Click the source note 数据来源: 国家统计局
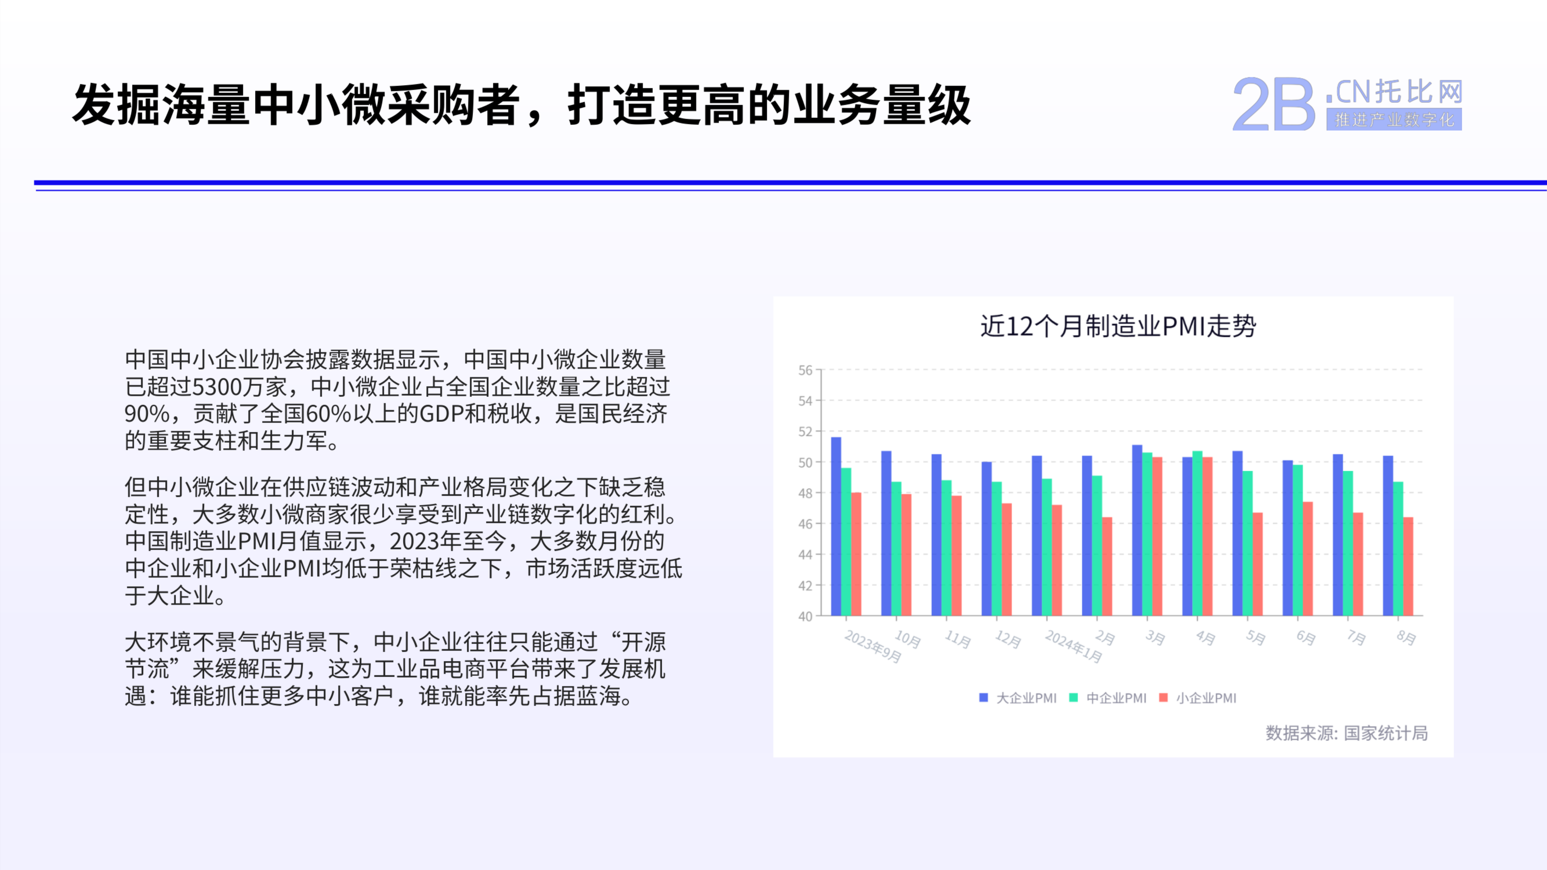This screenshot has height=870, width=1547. pyautogui.click(x=1346, y=733)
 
